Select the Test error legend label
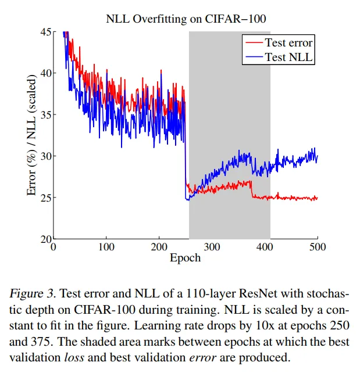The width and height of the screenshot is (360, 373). [x=288, y=42]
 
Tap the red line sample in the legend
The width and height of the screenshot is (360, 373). [x=254, y=42]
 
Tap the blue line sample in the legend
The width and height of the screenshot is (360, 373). [x=254, y=56]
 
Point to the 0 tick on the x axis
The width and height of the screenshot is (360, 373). [x=54, y=247]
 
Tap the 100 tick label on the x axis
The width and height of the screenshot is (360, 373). [x=106, y=247]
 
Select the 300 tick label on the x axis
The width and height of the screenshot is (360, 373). [x=212, y=247]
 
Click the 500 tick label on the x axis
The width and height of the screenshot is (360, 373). [x=318, y=247]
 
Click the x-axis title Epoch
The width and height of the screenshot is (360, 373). [x=186, y=257]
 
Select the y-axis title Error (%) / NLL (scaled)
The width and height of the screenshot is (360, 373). [x=33, y=135]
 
